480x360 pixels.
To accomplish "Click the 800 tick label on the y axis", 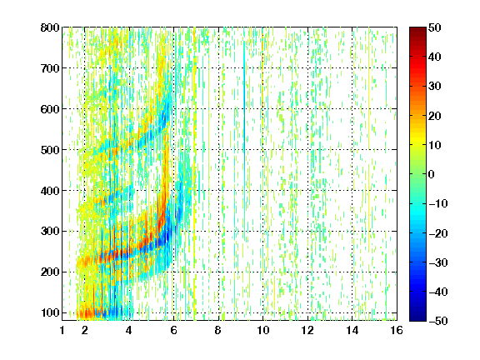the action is pyautogui.click(x=50, y=27).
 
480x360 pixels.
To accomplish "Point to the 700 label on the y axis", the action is pyautogui.click(x=50, y=68).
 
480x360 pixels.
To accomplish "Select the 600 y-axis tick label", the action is pyautogui.click(x=50, y=109).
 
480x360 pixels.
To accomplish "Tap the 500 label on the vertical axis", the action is pyautogui.click(x=50, y=150).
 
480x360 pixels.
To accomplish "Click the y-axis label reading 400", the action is pyautogui.click(x=50, y=191).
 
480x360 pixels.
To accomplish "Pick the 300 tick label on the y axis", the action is pyautogui.click(x=50, y=232).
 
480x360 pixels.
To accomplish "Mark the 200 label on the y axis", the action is pyautogui.click(x=50, y=272).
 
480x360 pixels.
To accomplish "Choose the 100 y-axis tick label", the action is pyautogui.click(x=50, y=312).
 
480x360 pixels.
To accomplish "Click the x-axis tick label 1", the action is pyautogui.click(x=62, y=330).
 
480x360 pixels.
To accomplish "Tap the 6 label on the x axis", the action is pyautogui.click(x=173, y=330).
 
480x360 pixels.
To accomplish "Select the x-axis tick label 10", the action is pyautogui.click(x=262, y=330).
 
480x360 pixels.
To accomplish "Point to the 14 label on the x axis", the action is pyautogui.click(x=352, y=330).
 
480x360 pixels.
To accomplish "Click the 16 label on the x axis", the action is pyautogui.click(x=397, y=330).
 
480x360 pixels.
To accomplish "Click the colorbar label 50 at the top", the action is pyautogui.click(x=435, y=27).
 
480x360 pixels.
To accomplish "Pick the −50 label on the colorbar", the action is pyautogui.click(x=438, y=321).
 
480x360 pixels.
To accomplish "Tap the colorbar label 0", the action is pyautogui.click(x=432, y=174).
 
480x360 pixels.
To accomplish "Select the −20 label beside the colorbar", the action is pyautogui.click(x=438, y=233).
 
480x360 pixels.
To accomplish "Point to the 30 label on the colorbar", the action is pyautogui.click(x=435, y=87).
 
